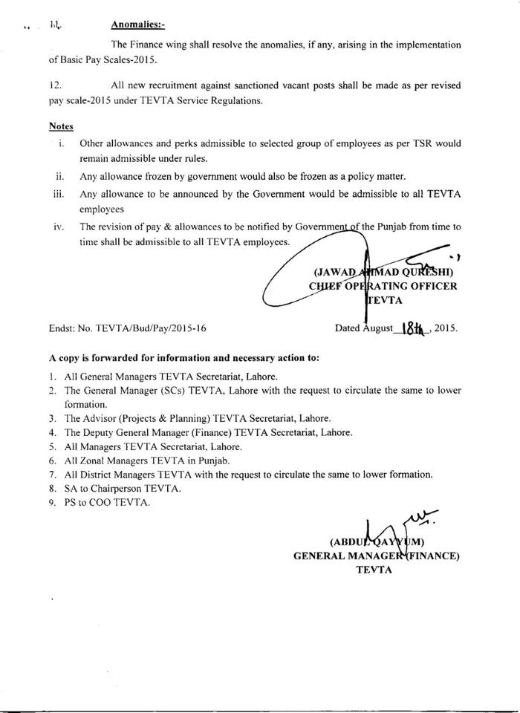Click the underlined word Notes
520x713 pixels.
(61, 127)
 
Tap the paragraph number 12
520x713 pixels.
(56, 87)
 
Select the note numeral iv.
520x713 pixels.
(59, 227)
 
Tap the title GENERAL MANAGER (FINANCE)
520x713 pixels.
(377, 556)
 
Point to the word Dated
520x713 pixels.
(347, 328)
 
